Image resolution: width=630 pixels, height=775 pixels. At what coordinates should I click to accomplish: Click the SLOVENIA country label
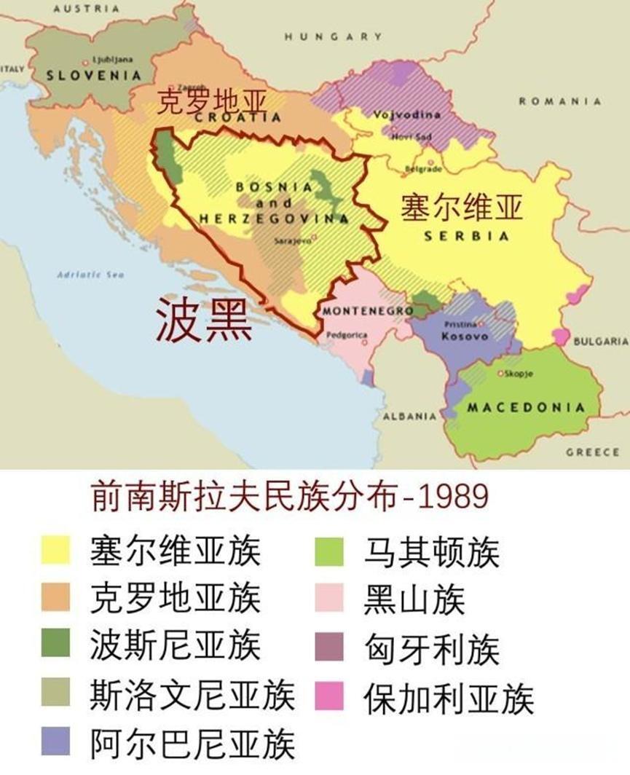92,75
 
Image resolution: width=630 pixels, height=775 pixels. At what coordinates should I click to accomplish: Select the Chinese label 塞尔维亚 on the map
462,208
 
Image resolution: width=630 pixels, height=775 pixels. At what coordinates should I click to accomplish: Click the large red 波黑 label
204,323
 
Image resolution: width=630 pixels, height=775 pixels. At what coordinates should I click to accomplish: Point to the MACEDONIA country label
526,407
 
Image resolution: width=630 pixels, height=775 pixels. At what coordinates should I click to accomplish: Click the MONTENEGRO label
357,310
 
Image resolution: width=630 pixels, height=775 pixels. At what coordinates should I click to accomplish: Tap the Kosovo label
464,337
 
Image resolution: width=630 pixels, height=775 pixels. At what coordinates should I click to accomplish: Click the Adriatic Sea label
90,275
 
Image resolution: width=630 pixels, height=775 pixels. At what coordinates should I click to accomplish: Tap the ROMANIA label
559,101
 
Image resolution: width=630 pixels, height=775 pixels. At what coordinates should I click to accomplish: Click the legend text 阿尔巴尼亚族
192,742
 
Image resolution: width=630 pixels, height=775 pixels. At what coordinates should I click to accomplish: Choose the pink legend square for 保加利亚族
329,696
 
